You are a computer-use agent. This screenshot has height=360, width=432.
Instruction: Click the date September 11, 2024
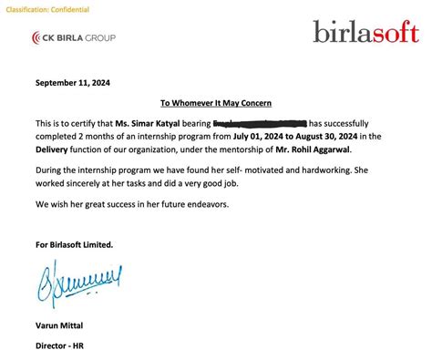click(x=74, y=83)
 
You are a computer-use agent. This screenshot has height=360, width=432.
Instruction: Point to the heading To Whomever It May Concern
click(x=216, y=104)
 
